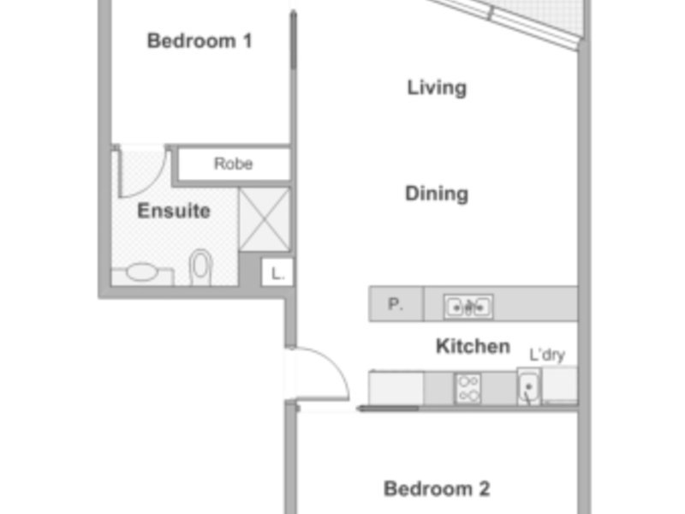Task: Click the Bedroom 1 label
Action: pos(200,41)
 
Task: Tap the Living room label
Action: pos(437,88)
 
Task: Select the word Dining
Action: pos(437,194)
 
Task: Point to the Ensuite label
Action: pos(174,211)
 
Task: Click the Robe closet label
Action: pos(233,164)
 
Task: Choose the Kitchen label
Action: pos(474,346)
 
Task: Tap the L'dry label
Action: pos(547,355)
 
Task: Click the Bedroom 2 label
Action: pos(437,488)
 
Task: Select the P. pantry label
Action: pos(396,304)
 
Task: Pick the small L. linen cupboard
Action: pos(277,272)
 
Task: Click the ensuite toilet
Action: pos(200,267)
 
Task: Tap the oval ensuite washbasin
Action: pos(142,272)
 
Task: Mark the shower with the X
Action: pos(265,219)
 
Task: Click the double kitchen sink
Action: pos(468,307)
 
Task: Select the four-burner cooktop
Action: pos(468,388)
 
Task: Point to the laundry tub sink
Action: pos(528,387)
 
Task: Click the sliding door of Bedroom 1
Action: pos(294,39)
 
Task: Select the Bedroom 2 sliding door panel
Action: pos(388,409)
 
